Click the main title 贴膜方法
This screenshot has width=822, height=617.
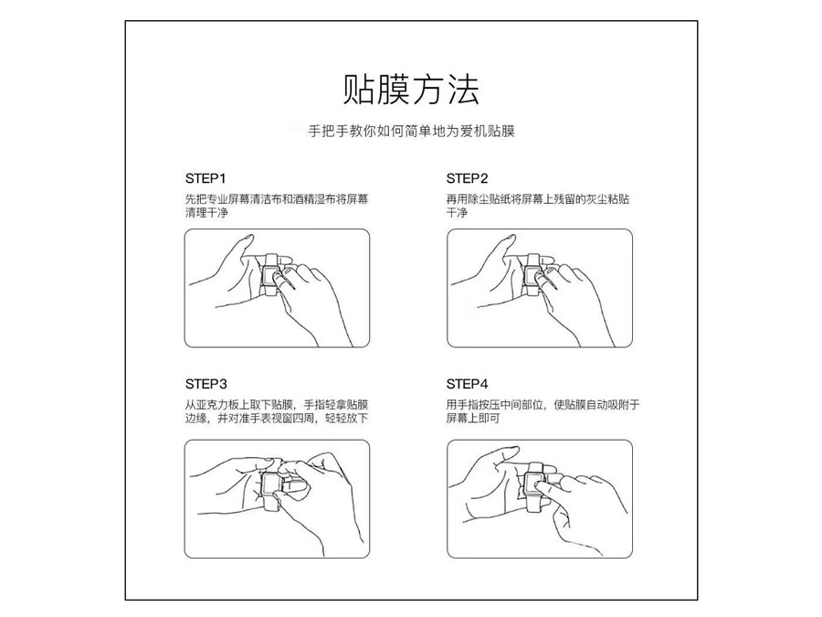411,90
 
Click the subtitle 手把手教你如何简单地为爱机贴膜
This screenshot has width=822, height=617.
411,131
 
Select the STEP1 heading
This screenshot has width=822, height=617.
205,178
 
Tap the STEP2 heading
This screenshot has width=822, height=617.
467,178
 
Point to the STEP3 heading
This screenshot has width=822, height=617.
206,384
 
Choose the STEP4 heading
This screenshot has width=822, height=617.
467,384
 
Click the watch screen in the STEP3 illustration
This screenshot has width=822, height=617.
272,484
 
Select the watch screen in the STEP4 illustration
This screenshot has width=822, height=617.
534,483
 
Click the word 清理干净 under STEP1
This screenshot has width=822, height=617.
206,212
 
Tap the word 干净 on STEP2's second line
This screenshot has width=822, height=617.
457,212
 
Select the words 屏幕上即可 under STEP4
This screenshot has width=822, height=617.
473,418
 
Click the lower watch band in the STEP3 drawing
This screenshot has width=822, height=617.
272,504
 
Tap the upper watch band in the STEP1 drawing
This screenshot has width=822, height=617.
272,260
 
